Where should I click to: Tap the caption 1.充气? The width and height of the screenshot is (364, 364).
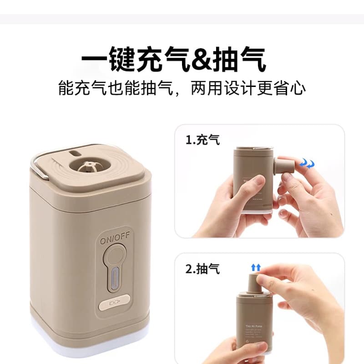pyautogui.click(x=202, y=140)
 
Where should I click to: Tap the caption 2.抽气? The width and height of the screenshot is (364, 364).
pyautogui.click(x=202, y=268)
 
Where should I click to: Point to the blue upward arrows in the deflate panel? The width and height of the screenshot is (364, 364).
pyautogui.click(x=256, y=268)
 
